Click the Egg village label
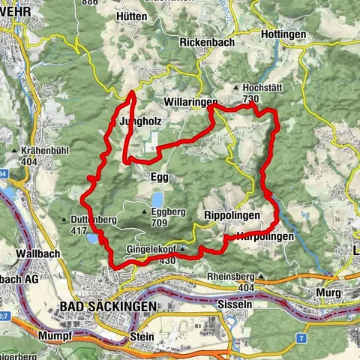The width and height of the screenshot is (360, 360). tap(159, 178)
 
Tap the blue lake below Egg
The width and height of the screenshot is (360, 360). tap(157, 199)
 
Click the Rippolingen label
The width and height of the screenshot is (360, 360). tap(232, 215)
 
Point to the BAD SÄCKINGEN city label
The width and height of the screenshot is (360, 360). tap(106, 307)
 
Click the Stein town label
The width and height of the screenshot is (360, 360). tap(141, 337)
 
